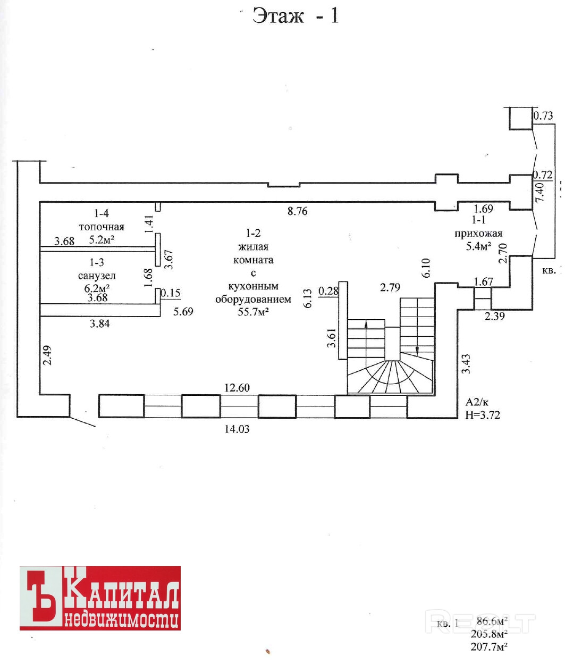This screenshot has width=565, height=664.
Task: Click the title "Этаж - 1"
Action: (295, 15)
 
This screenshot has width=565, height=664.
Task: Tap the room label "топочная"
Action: (102, 227)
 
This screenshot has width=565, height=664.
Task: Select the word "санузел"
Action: (97, 276)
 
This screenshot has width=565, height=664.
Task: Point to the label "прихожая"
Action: (478, 233)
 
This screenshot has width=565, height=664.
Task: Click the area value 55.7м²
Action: (253, 312)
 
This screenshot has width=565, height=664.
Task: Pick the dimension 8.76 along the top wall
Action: (297, 211)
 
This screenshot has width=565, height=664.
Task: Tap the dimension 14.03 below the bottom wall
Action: (237, 428)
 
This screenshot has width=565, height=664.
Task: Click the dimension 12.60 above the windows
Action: (237, 387)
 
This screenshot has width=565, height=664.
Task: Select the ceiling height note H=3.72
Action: (483, 414)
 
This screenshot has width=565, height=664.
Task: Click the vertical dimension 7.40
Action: (539, 192)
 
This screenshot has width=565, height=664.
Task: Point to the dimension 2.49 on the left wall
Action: (47, 355)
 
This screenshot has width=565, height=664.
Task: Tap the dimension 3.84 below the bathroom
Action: (100, 323)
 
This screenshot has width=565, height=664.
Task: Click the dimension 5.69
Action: (183, 311)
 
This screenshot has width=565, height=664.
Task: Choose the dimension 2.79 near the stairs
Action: (390, 287)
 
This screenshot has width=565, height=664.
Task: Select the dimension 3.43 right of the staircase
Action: (466, 364)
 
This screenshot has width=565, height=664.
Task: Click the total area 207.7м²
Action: (488, 646)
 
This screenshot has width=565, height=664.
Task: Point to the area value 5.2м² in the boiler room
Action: (102, 239)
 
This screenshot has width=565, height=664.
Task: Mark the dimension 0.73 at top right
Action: (543, 115)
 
